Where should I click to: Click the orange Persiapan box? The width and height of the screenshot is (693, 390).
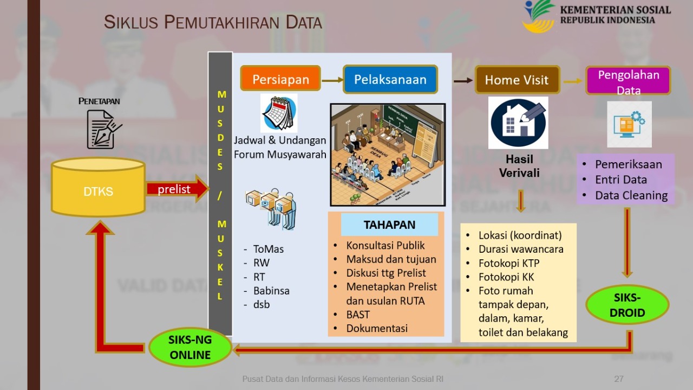280,79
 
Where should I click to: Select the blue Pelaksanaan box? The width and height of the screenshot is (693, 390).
390,79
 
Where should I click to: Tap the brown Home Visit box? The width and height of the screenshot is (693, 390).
516,80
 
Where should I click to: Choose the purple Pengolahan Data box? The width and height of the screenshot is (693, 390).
628,80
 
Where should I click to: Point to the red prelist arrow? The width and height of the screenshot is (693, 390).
176,189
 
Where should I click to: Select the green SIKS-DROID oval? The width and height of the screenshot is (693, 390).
627,305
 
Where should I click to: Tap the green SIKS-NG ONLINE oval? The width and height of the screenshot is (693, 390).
190,347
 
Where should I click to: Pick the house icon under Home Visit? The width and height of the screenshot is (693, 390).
518,123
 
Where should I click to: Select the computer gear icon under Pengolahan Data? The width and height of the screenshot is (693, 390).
629,124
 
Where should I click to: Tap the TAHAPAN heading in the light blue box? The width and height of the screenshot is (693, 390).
389,225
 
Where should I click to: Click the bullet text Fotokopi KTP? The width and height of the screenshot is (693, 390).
508,263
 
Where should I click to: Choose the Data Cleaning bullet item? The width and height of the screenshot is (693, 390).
631,195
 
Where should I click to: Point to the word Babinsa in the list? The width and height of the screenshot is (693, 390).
271,291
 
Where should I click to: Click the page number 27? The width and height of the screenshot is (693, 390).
619,379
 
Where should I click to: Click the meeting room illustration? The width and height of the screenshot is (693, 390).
388,155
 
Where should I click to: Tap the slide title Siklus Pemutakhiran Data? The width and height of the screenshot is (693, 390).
213,22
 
